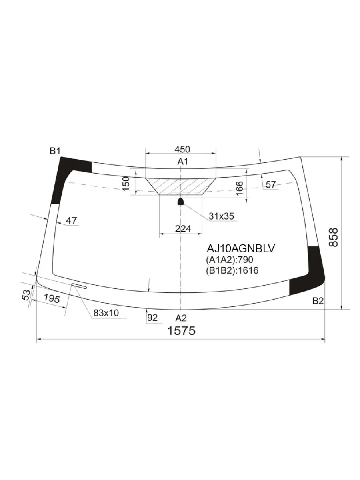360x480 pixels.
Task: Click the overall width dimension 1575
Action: click(181, 331)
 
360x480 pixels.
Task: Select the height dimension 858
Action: click(334, 238)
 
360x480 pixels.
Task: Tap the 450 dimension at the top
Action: click(182, 149)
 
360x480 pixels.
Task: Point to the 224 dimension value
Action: click(183, 229)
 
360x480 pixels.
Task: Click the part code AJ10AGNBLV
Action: click(241, 248)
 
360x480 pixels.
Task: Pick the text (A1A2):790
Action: click(230, 260)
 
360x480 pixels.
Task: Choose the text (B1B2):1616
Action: click(232, 270)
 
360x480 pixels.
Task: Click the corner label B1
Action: click(55, 151)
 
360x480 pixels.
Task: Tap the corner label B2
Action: click(318, 301)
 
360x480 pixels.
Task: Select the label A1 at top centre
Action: click(183, 162)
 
